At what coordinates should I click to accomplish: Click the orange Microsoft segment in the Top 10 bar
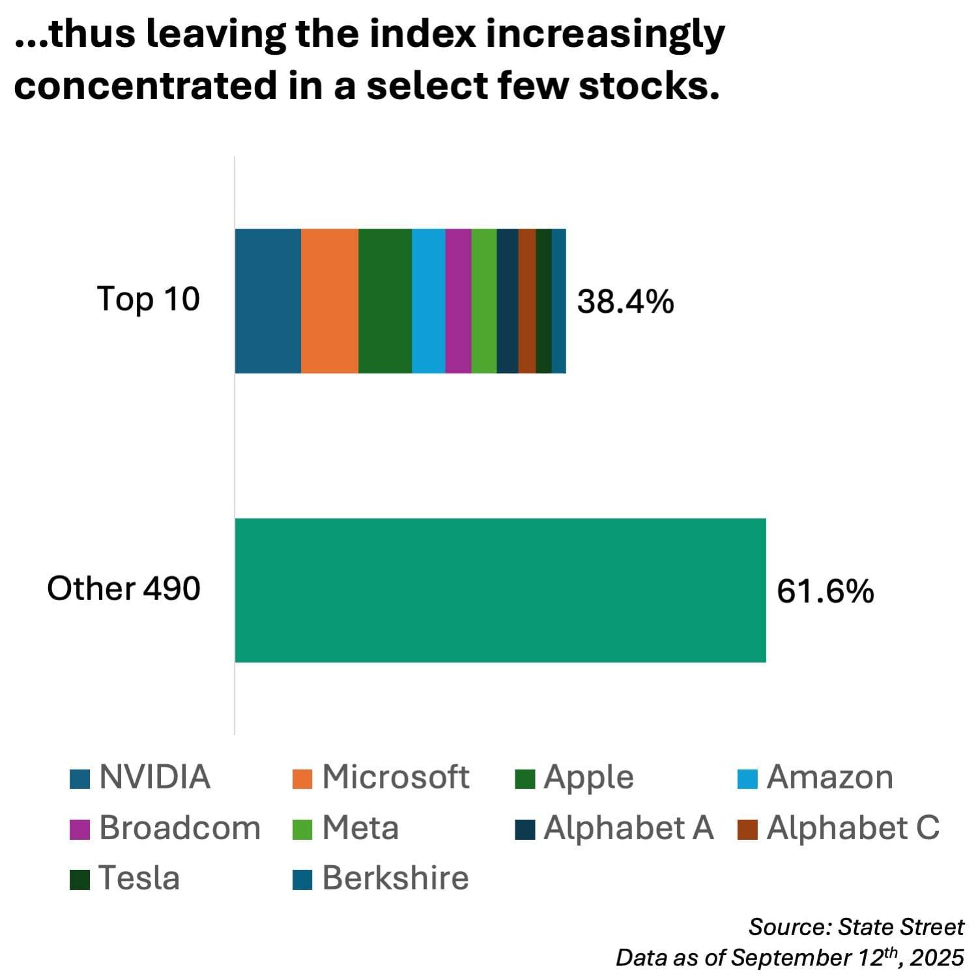click(330, 301)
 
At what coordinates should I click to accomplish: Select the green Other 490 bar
click(500, 590)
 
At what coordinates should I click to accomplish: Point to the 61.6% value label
click(825, 591)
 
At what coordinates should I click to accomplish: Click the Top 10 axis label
click(149, 300)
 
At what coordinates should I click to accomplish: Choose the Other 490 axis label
click(124, 588)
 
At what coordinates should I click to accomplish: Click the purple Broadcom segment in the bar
click(458, 301)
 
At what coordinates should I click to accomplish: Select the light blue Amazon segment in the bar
click(429, 301)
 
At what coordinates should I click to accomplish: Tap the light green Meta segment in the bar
click(484, 301)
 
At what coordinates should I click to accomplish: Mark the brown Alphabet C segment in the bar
click(527, 301)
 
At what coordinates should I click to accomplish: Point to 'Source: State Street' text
click(856, 927)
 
